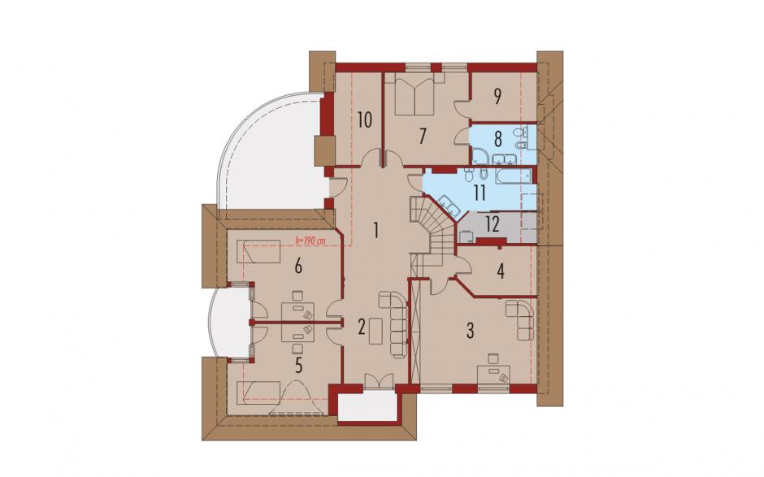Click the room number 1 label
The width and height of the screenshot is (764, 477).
375,229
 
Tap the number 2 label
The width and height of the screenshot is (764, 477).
362,327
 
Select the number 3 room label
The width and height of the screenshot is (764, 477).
470,330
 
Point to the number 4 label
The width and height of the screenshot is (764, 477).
501,271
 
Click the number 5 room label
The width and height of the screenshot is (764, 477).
298,364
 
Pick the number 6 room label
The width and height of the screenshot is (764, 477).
298,266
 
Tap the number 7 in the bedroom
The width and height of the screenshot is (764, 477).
423,136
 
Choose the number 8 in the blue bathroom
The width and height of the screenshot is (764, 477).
497,139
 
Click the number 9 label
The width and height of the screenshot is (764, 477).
497,97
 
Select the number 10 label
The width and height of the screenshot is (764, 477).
364,119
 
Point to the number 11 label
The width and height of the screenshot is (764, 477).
480,193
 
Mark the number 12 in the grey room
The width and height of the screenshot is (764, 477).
493,225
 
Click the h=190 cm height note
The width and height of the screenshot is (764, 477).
310,240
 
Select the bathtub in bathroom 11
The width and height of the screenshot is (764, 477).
514,176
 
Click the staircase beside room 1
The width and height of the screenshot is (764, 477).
432,229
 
